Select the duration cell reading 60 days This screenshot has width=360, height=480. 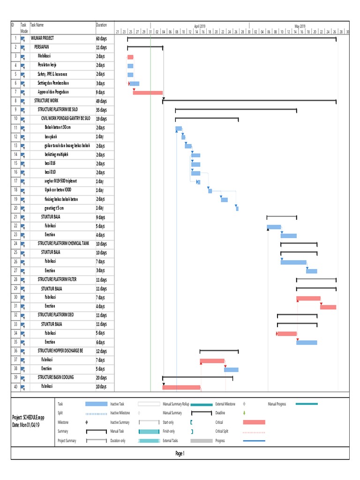(x=101, y=38)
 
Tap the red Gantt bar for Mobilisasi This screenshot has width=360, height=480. (x=130, y=57)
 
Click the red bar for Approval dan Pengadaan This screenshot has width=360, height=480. (x=148, y=93)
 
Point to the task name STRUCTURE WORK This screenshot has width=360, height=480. (x=46, y=101)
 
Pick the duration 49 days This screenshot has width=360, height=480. (x=101, y=101)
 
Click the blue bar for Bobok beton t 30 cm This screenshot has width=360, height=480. (x=179, y=128)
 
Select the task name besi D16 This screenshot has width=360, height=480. (x=50, y=164)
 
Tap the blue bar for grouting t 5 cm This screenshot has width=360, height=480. (x=237, y=208)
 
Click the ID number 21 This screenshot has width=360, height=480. (x=15, y=217)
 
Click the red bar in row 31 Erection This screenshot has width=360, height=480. (x=328, y=307)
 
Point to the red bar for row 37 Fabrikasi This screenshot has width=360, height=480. (x=212, y=361)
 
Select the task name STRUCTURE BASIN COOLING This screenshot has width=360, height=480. (x=56, y=377)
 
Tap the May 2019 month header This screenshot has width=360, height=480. (x=300, y=26)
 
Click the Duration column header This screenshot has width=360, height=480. (x=101, y=25)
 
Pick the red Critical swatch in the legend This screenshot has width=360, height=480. (x=254, y=422)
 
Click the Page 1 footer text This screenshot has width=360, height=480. (x=180, y=453)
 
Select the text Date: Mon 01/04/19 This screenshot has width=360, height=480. (x=28, y=425)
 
